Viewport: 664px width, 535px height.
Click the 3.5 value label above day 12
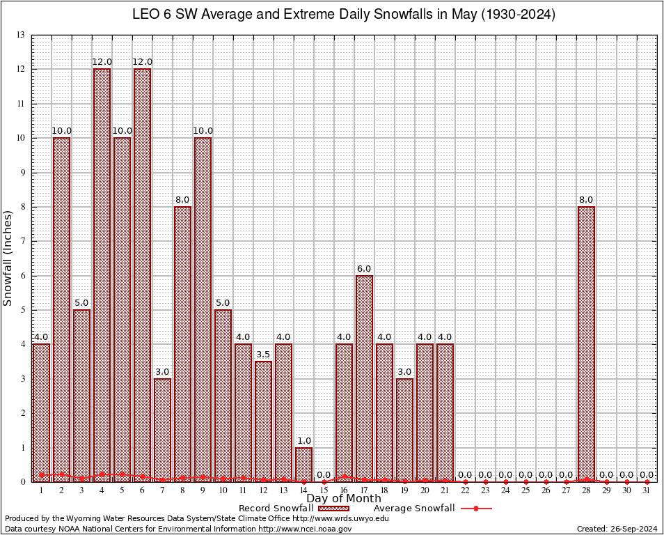[x=263, y=355]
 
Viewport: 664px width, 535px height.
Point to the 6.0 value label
[x=364, y=269]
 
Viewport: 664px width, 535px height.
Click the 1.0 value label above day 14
[x=303, y=440]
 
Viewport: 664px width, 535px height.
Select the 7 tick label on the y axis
[x=23, y=241]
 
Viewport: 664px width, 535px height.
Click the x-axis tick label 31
[x=647, y=490]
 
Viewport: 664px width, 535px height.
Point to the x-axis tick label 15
[x=324, y=490]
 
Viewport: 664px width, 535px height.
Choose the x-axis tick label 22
[x=465, y=490]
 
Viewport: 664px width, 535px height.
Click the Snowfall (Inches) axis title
[x=8, y=258]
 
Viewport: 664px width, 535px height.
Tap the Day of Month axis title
[x=344, y=499]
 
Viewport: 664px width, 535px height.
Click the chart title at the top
[x=344, y=15]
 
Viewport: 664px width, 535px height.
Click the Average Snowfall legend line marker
[x=475, y=509]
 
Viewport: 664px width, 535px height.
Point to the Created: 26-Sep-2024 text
[x=617, y=529]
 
